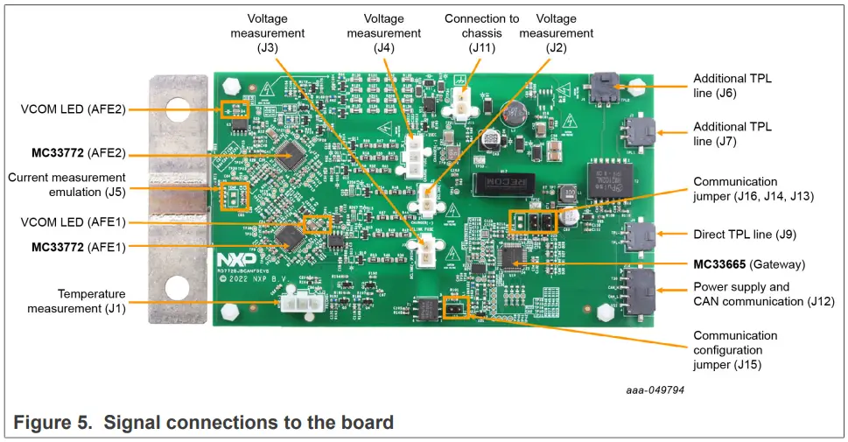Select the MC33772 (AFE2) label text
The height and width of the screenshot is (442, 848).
[x=79, y=153]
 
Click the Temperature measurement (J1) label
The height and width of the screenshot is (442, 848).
[x=76, y=301]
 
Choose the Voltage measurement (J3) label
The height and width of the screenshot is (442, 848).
[x=268, y=33]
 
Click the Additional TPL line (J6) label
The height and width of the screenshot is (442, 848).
[x=732, y=85]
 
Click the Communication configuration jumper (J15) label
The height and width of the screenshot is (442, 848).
[x=735, y=350]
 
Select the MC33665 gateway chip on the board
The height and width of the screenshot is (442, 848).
[x=510, y=256]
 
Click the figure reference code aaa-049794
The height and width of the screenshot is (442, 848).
[x=655, y=389]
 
